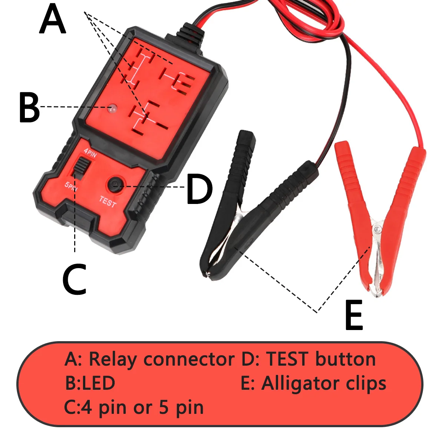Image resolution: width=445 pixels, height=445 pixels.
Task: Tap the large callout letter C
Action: click(x=74, y=279)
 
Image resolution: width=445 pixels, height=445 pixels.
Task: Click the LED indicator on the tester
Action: click(x=112, y=109)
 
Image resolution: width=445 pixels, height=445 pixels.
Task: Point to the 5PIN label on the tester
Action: click(x=71, y=185)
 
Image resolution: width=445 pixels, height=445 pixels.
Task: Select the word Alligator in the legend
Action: click(x=301, y=383)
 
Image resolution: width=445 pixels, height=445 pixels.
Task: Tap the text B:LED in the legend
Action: click(x=90, y=383)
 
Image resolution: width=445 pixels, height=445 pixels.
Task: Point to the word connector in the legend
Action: click(x=189, y=359)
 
